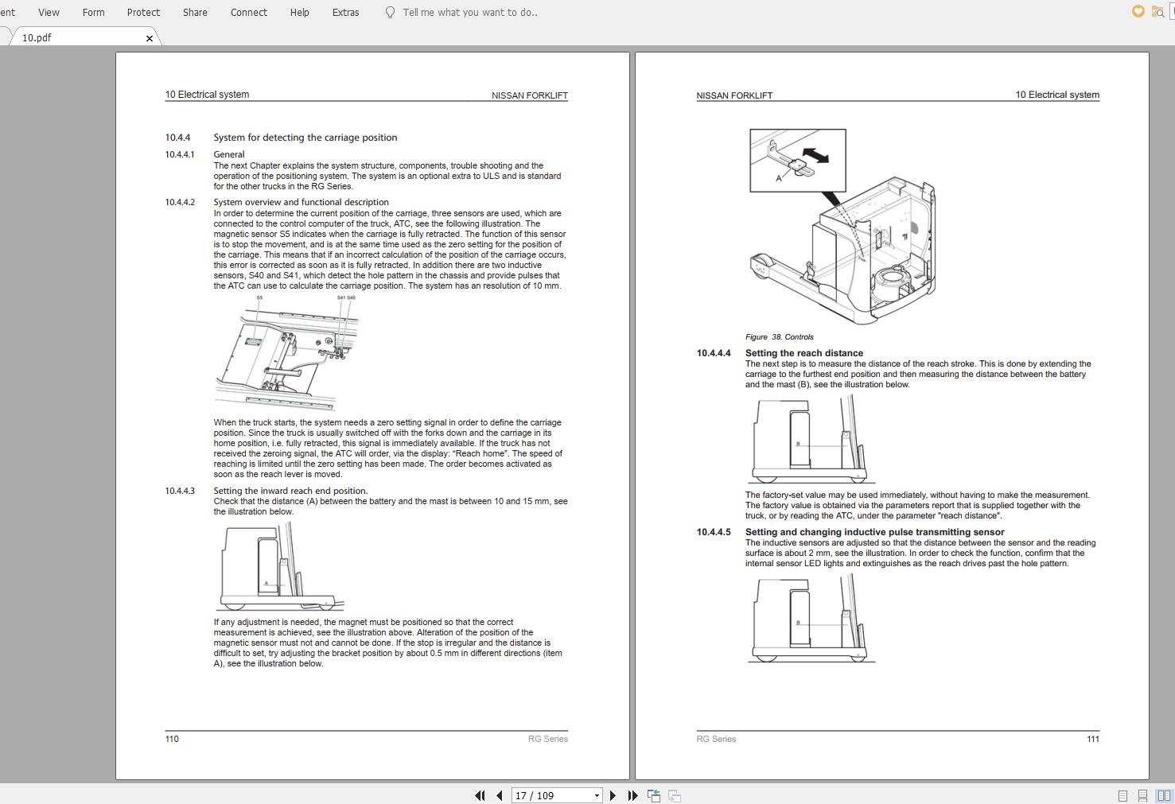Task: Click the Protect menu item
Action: click(143, 12)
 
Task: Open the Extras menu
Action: click(345, 12)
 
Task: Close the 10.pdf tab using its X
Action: click(150, 38)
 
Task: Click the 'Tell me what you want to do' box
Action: click(469, 12)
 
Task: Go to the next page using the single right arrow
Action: click(613, 795)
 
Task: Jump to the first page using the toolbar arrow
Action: click(480, 795)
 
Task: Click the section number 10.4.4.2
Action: click(180, 202)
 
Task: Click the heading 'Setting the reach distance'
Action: click(803, 353)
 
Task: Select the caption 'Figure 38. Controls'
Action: click(779, 337)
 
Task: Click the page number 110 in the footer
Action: click(172, 739)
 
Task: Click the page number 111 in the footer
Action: click(1093, 739)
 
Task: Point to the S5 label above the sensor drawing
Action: click(259, 298)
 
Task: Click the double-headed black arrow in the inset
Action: click(815, 154)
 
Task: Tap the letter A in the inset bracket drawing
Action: click(779, 178)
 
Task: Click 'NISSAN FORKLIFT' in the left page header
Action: click(529, 95)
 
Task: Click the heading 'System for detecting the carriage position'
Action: click(305, 138)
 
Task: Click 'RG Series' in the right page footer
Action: click(716, 739)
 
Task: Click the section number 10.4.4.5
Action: click(714, 532)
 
